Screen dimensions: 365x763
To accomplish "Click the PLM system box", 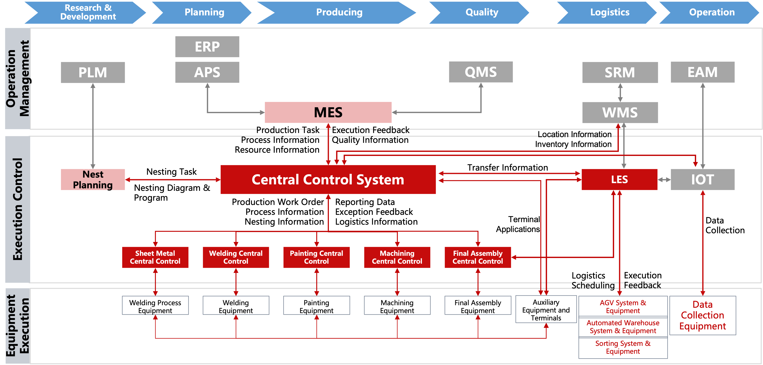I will (x=93, y=72).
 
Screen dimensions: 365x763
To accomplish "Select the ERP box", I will (x=207, y=47).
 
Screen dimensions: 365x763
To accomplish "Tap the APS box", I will (x=207, y=72).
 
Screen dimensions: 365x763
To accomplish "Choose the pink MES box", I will (x=328, y=112).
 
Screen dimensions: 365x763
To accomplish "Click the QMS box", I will (x=481, y=72).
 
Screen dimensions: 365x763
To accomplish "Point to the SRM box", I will (x=620, y=72).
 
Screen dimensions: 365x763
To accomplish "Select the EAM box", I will (x=702, y=72).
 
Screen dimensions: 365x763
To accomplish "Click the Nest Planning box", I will (x=93, y=180).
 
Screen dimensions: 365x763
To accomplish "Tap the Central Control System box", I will (x=328, y=180).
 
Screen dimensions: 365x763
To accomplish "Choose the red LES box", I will (x=619, y=180).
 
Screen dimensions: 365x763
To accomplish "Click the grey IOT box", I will (x=702, y=180).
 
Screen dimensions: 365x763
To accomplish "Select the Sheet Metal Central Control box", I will (x=155, y=257).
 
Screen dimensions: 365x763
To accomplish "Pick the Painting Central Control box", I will (x=316, y=257).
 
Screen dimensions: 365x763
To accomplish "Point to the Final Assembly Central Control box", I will (x=477, y=257).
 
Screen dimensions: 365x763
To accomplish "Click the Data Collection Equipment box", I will (x=702, y=315).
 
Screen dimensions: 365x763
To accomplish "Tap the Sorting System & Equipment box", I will (x=623, y=347).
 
